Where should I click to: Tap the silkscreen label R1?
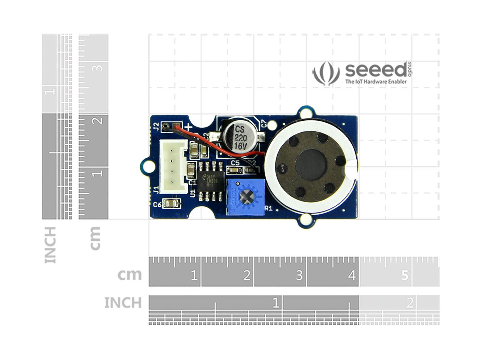[268, 208]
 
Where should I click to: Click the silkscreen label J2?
[156, 127]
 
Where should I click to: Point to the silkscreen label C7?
[263, 124]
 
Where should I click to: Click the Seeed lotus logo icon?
[326, 73]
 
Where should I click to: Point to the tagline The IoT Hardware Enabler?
[376, 82]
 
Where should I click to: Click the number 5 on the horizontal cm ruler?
[405, 275]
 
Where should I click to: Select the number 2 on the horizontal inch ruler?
[409, 303]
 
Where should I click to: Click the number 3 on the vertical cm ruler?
[98, 68]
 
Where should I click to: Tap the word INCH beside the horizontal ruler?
[123, 303]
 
